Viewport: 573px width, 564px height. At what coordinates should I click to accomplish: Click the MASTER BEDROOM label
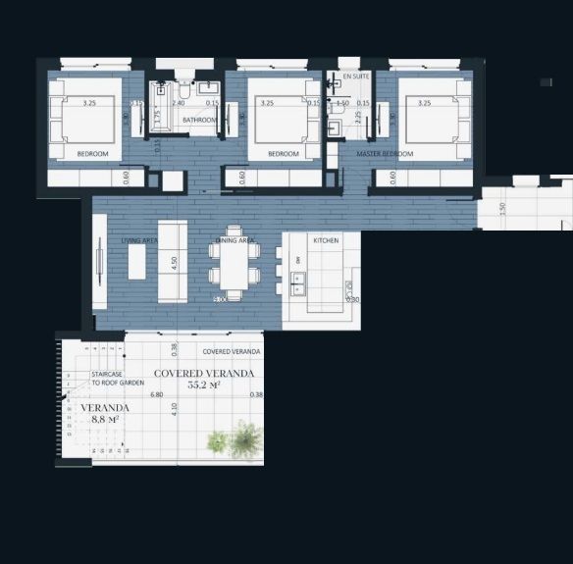coord(384,154)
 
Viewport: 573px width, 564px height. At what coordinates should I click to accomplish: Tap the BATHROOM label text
coord(200,120)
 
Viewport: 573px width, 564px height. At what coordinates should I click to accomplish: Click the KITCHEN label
coord(326,239)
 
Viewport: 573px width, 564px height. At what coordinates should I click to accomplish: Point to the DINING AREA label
coord(235,239)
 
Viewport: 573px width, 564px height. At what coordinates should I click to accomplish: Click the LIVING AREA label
coord(140,239)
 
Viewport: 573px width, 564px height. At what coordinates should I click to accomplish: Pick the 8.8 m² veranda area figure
coord(105,419)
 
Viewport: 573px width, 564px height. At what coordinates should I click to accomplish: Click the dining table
coord(235,265)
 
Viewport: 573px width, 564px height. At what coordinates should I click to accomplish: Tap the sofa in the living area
coord(174,263)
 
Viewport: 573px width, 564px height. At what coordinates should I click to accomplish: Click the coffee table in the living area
coord(136,262)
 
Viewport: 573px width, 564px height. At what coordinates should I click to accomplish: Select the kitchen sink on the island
coord(298,282)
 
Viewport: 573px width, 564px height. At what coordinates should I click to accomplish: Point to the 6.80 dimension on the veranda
coord(156,394)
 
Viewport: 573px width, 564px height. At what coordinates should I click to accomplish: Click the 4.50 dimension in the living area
coord(174,263)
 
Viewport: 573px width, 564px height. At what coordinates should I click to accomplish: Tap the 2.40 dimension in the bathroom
coord(179,102)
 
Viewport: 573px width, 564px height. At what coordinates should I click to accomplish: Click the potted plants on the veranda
coord(236,440)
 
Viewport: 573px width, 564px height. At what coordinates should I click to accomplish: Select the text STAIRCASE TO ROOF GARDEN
coord(114,379)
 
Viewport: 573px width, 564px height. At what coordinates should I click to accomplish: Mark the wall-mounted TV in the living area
coord(98,263)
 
